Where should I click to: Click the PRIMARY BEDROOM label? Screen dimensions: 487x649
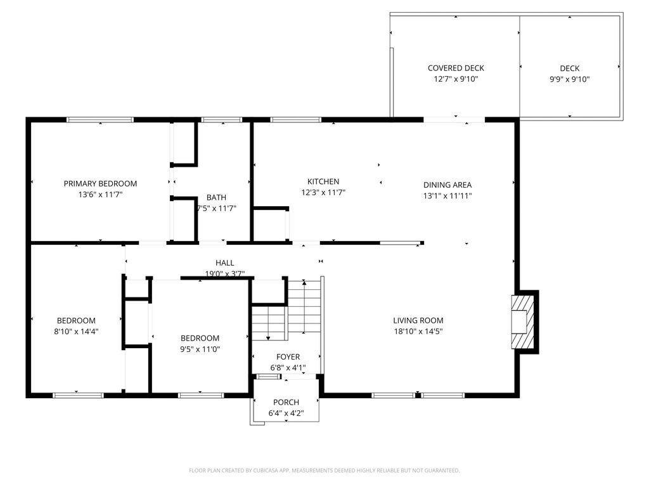click(100, 184)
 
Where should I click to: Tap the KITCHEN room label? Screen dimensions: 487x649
click(323, 182)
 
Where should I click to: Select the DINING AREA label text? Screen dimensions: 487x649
click(447, 185)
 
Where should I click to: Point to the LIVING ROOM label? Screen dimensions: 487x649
click(418, 321)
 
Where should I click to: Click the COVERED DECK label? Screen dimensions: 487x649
click(456, 68)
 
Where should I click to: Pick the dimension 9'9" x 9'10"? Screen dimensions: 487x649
click(569, 80)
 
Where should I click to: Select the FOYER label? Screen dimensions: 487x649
click(288, 358)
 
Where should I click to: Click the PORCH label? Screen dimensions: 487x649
click(286, 403)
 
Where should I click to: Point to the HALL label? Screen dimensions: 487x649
click(224, 263)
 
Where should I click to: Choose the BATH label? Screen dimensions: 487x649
click(216, 198)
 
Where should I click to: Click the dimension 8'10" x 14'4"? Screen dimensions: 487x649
click(76, 332)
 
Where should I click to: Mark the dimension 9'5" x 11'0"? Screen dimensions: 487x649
click(200, 349)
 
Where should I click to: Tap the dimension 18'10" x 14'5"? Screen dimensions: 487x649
click(418, 332)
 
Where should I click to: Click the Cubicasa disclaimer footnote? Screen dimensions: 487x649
click(324, 471)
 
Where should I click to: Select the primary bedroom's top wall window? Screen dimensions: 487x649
click(100, 119)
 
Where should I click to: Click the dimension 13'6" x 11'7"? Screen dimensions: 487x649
click(100, 195)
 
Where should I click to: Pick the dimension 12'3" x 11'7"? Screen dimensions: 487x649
click(323, 193)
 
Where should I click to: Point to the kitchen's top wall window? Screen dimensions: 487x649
click(295, 119)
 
